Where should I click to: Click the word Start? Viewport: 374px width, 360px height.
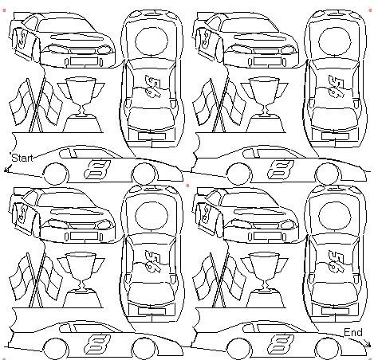point(22,158)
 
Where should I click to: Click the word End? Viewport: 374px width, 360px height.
point(353,332)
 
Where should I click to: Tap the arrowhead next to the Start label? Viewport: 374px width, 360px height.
point(7,168)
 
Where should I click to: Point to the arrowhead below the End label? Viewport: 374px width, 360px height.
point(367,343)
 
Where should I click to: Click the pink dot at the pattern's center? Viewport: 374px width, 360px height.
point(187,185)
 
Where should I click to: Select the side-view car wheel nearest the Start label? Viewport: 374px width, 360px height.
point(55,174)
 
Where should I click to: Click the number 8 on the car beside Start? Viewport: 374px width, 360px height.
point(97,169)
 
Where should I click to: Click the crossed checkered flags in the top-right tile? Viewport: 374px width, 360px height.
point(219,106)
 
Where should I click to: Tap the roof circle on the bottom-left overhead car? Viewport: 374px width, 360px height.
point(152,214)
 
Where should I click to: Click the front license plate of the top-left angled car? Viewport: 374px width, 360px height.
point(84,61)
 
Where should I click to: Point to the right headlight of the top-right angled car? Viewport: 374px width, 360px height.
point(289,50)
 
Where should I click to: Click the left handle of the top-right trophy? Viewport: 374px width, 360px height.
point(246,91)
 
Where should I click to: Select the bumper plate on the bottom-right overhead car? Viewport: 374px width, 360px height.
point(335,311)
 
